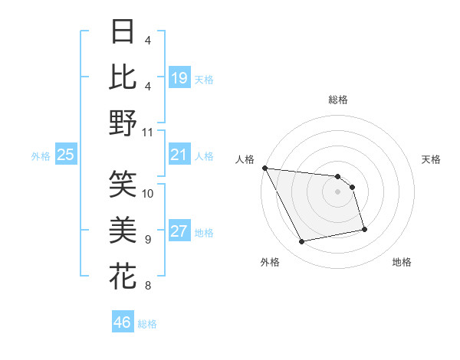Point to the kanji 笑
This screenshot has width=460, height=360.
click(x=123, y=182)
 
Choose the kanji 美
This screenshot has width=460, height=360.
click(x=123, y=228)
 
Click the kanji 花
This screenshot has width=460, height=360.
click(x=123, y=274)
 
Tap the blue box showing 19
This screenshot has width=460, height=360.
click(x=179, y=78)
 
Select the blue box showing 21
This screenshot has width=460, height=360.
click(x=179, y=155)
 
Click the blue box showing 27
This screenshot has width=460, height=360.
click(x=179, y=232)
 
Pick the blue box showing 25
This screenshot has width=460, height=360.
click(x=65, y=155)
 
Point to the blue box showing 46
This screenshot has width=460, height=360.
click(x=123, y=322)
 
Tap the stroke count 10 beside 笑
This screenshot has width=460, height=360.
click(x=148, y=193)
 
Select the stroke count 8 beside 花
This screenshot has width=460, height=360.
click(x=148, y=286)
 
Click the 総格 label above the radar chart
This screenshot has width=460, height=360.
click(x=338, y=100)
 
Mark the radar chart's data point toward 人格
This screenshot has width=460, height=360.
click(x=264, y=168)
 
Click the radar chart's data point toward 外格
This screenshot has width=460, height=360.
click(x=302, y=242)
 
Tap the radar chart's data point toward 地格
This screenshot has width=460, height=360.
click(x=364, y=229)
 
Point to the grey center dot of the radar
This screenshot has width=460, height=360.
click(x=338, y=192)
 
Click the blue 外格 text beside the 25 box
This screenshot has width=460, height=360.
click(x=41, y=156)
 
